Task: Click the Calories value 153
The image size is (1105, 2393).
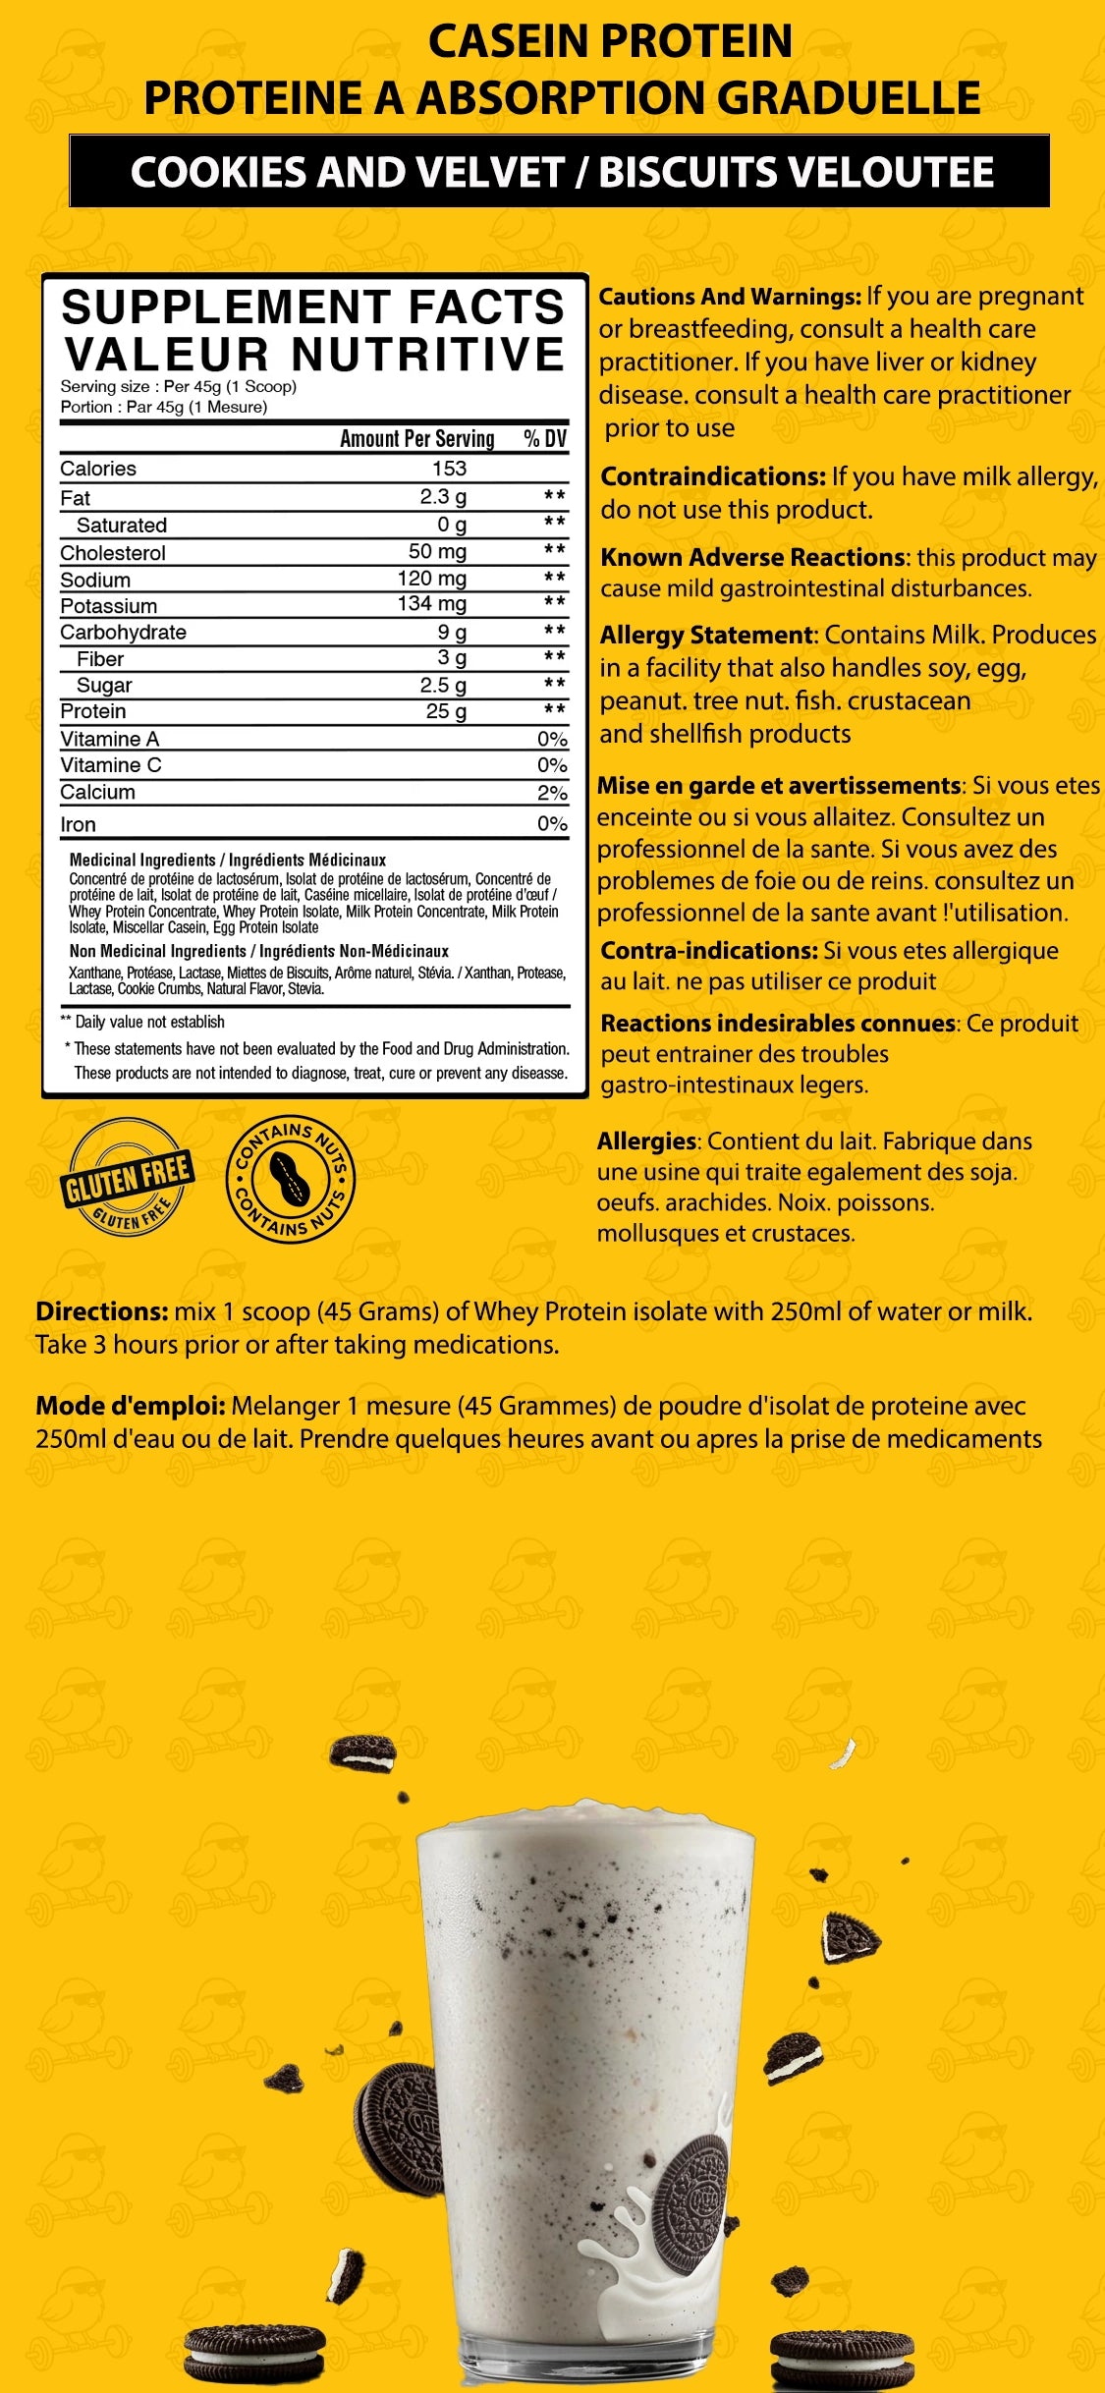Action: click(x=449, y=469)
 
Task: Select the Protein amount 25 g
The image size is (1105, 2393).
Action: click(x=445, y=711)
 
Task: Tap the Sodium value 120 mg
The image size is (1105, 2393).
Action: click(x=431, y=579)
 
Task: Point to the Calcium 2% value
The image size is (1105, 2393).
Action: click(x=552, y=793)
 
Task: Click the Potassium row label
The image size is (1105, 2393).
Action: click(x=108, y=606)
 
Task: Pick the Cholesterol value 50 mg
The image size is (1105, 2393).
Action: click(x=437, y=551)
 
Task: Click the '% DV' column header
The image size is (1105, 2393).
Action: click(x=545, y=438)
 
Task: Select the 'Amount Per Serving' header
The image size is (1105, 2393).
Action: click(x=416, y=438)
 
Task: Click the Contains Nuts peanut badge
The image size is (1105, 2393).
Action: click(x=291, y=1178)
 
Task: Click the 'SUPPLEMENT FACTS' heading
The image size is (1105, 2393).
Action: click(x=312, y=306)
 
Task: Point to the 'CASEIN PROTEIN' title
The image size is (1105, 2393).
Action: click(x=610, y=41)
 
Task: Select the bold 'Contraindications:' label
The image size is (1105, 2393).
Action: click(x=713, y=477)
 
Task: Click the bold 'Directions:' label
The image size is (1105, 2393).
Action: click(x=102, y=1311)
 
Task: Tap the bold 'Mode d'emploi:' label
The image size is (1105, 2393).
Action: click(x=131, y=1406)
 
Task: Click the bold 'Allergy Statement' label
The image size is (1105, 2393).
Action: click(x=707, y=636)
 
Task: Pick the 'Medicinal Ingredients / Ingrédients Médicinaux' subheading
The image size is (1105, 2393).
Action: click(x=227, y=860)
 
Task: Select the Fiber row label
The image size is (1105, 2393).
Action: click(x=100, y=659)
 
